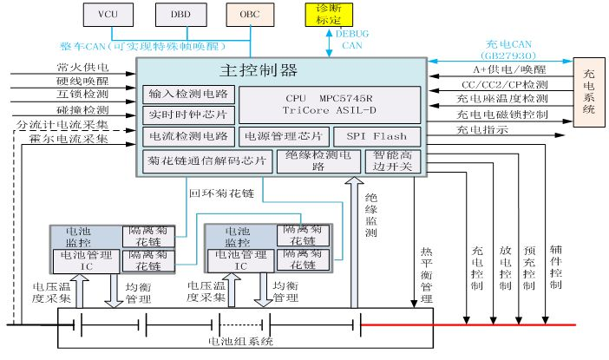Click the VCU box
108,14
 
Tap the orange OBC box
249,14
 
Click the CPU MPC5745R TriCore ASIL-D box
330,104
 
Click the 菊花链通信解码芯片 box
206,161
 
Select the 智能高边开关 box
396,161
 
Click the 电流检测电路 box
189,136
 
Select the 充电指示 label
482,130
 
